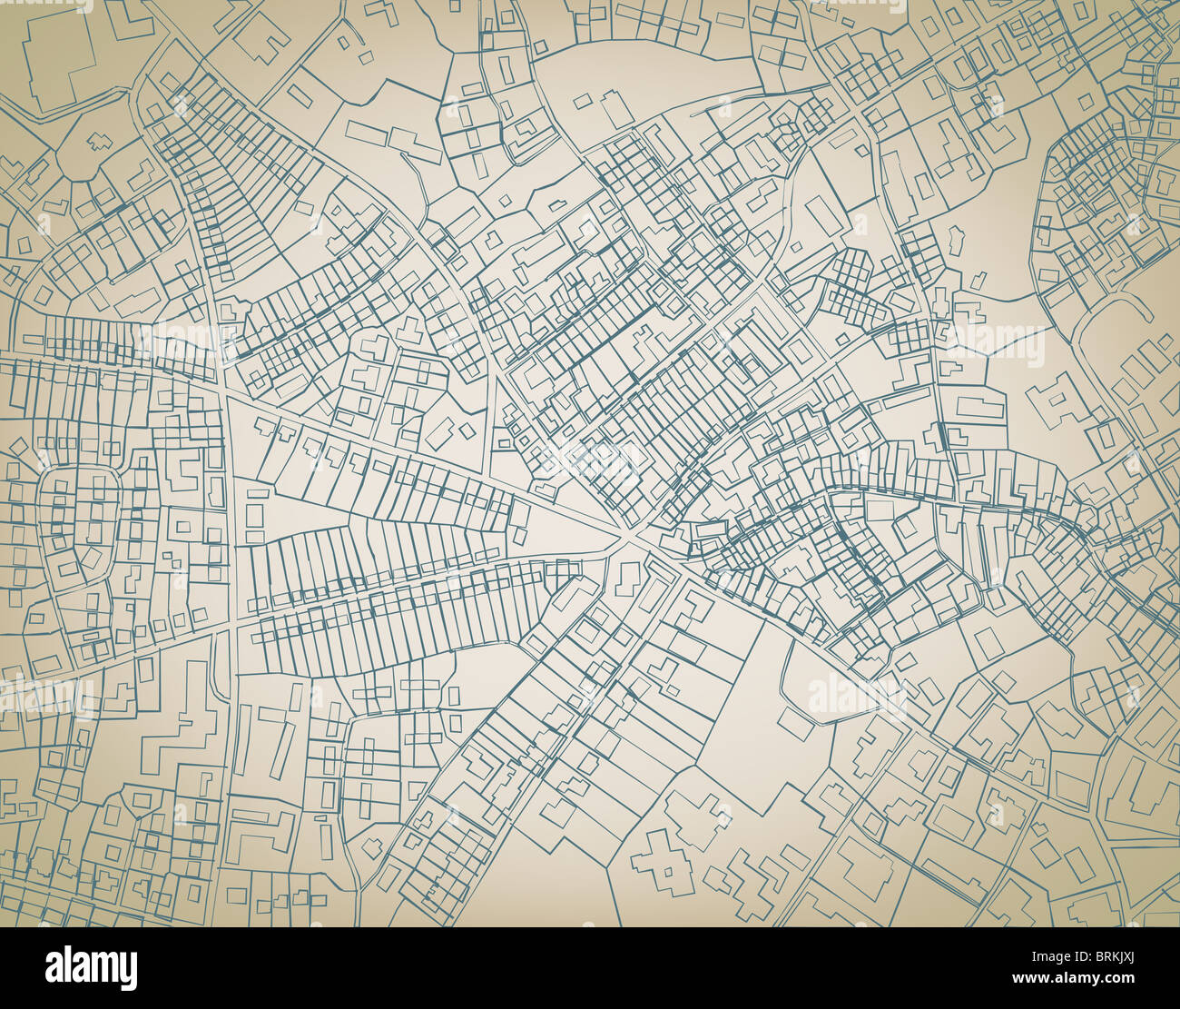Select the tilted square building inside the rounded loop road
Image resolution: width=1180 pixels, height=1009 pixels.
tap(93, 556)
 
